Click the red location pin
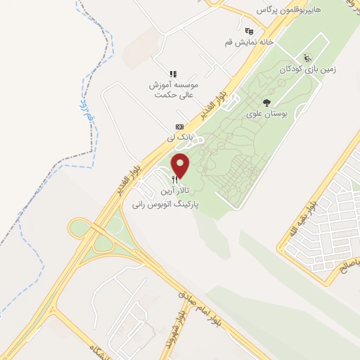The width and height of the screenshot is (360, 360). [181, 166]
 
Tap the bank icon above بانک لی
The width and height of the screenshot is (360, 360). [179, 126]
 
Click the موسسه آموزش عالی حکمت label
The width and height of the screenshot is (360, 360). [173, 89]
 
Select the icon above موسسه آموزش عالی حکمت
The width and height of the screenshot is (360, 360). [173, 73]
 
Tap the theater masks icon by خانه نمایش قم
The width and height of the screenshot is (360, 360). [249, 30]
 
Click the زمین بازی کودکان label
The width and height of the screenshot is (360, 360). [307, 70]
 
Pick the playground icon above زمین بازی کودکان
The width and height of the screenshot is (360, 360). [307, 58]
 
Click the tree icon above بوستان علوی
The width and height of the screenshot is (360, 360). [266, 102]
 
